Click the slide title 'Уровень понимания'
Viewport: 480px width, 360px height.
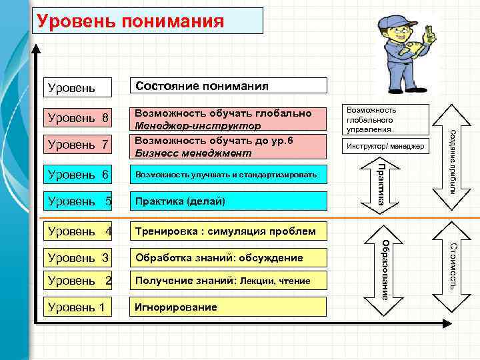click(x=130, y=21)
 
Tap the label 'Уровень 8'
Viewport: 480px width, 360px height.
click(x=77, y=118)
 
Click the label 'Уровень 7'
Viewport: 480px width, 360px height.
click(x=77, y=144)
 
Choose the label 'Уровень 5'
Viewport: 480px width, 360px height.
click(x=77, y=201)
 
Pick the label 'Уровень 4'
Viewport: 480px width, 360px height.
click(x=77, y=231)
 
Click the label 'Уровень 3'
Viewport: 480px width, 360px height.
click(x=77, y=257)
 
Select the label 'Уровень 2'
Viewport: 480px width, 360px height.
click(x=77, y=281)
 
